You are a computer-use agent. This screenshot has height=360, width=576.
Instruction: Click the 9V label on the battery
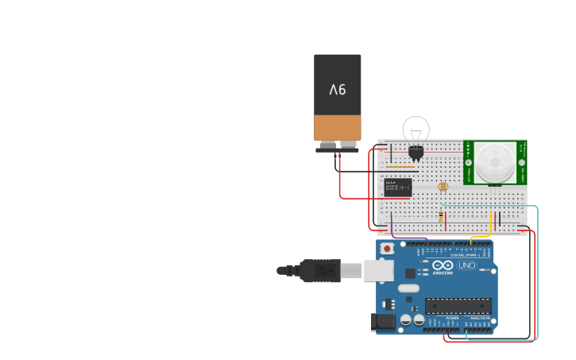338,89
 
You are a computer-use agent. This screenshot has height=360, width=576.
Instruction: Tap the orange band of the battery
338,127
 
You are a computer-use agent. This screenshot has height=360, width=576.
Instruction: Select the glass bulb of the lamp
416,130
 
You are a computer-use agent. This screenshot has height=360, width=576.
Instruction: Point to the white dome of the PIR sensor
494,161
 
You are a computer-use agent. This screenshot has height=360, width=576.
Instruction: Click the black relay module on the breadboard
397,187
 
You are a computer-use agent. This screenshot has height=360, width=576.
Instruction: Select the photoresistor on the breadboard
443,187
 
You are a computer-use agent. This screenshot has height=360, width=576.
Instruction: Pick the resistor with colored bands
441,215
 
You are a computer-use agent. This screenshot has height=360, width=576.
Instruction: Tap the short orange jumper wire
401,168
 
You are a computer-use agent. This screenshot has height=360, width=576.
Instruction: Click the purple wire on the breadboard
391,221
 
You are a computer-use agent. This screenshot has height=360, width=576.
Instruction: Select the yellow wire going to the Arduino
480,236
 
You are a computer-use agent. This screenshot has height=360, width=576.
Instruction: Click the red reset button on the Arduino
387,248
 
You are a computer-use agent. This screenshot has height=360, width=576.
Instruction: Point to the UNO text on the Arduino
466,265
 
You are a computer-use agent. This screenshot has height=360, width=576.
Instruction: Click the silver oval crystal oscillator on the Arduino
408,288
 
